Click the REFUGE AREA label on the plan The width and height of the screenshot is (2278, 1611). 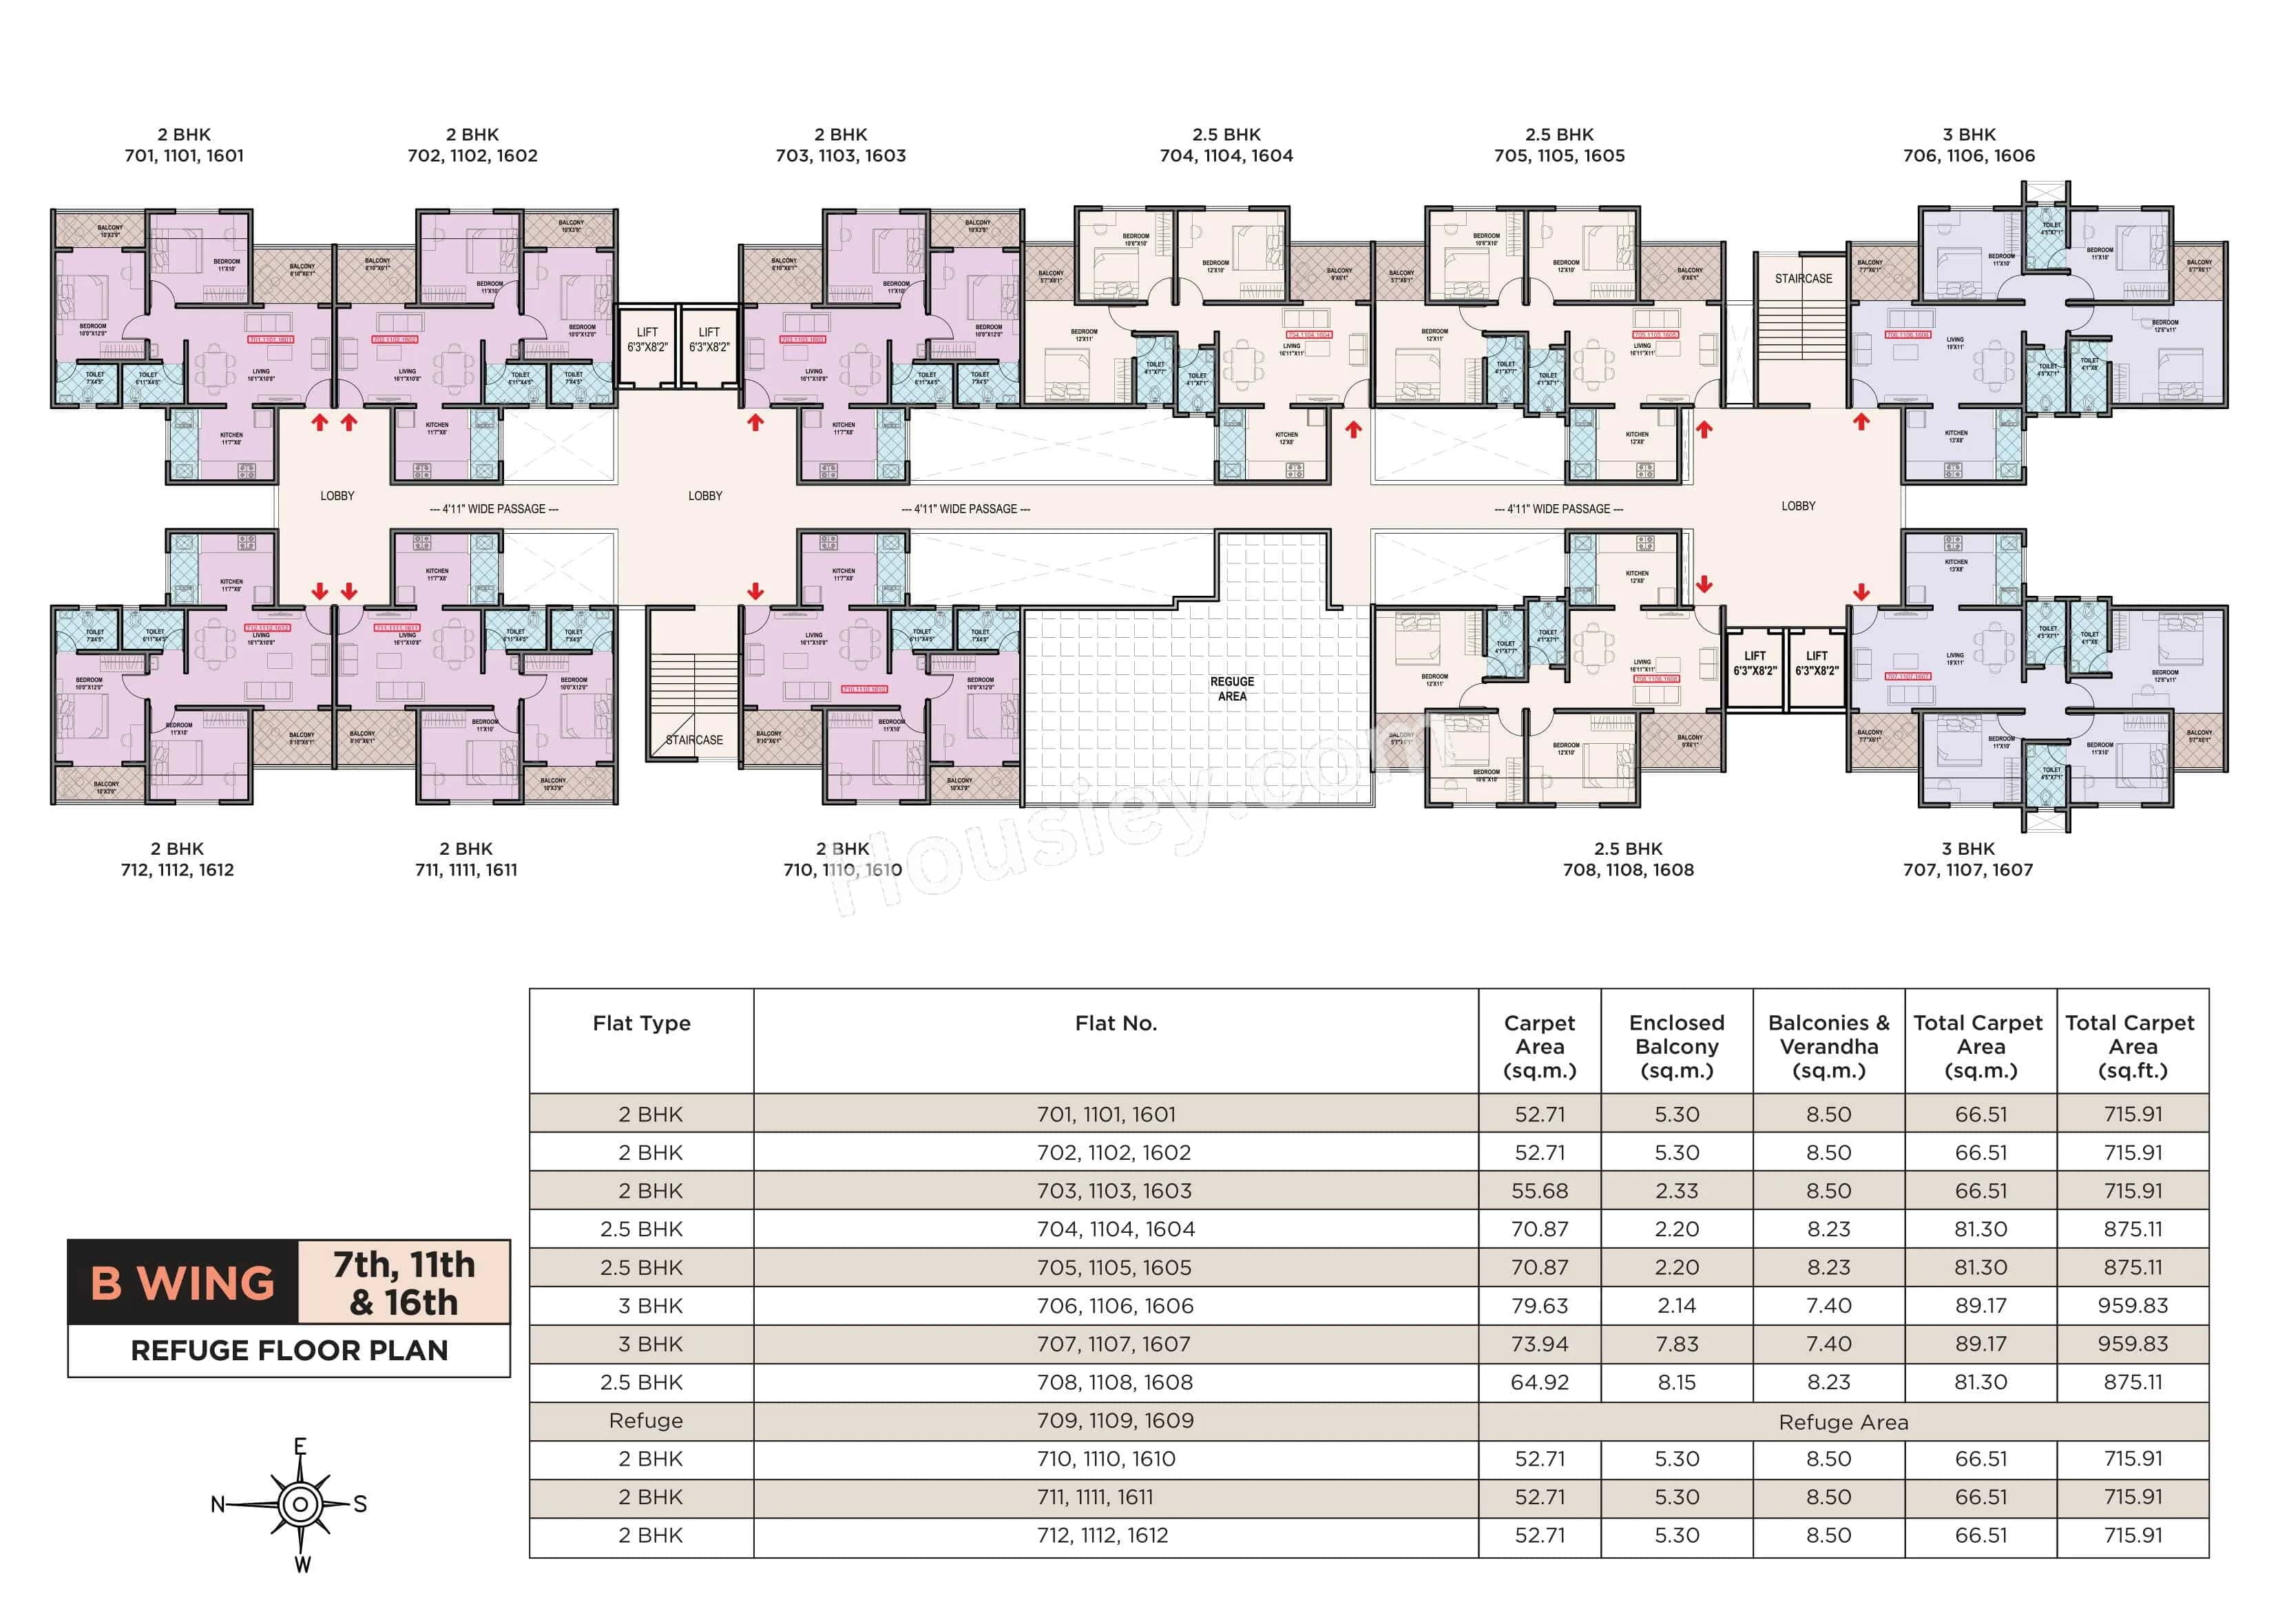tap(1231, 689)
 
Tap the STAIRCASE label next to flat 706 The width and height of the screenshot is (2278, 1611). tap(1803, 279)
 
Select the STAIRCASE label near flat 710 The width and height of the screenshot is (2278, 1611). tap(695, 740)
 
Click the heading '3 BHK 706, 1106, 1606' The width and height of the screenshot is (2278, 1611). tap(1968, 145)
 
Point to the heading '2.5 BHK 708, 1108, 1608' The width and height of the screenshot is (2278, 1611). tap(1628, 860)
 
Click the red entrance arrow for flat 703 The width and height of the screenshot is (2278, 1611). tap(755, 423)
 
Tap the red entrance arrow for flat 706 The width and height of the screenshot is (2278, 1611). tap(1861, 422)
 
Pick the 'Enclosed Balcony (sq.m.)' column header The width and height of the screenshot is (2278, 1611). tap(1677, 1046)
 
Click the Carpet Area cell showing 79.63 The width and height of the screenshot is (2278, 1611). tap(1539, 1305)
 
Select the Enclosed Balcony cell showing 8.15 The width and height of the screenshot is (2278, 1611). tap(1677, 1382)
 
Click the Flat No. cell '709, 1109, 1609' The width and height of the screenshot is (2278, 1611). tap(1115, 1420)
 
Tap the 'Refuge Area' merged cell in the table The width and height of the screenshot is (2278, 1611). tap(1843, 1422)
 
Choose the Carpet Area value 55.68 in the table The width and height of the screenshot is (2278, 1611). tap(1539, 1190)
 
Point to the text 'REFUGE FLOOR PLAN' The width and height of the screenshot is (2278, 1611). tap(289, 1350)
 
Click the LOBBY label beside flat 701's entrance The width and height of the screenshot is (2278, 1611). tap(337, 495)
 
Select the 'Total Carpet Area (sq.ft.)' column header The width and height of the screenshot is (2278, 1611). tap(2132, 1046)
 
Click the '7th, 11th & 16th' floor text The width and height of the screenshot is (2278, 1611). tap(404, 1282)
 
